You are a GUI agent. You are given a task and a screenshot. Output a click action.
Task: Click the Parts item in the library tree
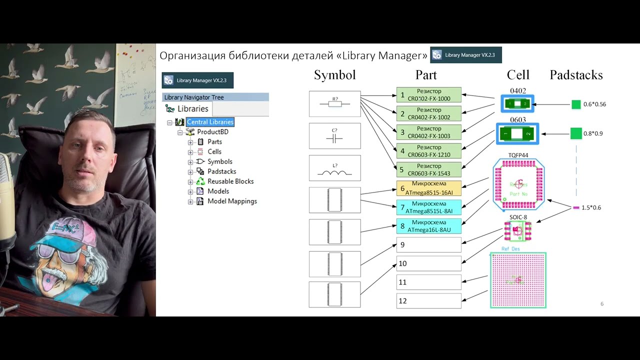214,142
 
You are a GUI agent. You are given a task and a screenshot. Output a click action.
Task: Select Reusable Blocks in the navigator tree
230,181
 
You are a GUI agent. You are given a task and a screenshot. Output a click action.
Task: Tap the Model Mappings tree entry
232,201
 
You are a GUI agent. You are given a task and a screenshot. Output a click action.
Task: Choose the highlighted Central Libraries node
210,122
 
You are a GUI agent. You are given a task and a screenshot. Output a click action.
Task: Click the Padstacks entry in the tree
221,171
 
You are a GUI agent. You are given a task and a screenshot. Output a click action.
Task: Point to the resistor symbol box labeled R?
334,103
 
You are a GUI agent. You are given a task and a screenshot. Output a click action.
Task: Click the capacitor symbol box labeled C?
334,136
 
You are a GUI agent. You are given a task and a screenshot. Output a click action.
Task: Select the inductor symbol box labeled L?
334,168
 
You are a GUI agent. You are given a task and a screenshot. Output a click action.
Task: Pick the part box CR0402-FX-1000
428,95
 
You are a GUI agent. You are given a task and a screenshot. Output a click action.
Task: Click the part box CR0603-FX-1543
428,170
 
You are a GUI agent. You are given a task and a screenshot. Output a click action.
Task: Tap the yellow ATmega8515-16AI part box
428,188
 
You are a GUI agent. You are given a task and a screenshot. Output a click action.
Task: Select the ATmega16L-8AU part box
428,226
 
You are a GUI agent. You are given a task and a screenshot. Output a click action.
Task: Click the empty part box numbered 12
428,301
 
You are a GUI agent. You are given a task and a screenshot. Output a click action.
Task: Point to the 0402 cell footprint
517,104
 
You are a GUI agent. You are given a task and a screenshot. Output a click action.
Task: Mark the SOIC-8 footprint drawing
517,230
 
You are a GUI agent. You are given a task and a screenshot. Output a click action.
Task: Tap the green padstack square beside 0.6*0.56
576,104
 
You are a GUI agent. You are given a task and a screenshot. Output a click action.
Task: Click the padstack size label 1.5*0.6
591,207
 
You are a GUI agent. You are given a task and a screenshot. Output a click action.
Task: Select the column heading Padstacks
576,75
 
